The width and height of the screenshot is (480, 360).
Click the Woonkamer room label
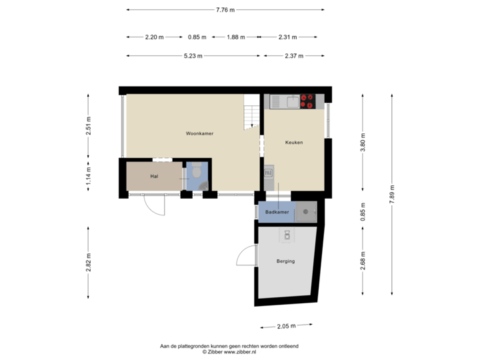tap(199, 133)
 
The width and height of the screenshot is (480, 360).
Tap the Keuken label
tap(294, 142)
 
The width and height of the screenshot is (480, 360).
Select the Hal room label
tap(154, 176)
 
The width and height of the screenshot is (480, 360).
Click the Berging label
tap(285, 261)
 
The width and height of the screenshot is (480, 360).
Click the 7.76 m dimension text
tap(225, 9)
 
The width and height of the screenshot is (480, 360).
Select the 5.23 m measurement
tap(194, 56)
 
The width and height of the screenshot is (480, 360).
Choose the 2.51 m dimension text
tap(89, 125)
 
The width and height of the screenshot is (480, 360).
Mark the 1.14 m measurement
tap(89, 179)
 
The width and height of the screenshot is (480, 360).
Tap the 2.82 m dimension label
tap(89, 262)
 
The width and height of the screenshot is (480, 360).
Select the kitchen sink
tap(292, 101)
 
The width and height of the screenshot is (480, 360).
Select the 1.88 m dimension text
tap(235, 37)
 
